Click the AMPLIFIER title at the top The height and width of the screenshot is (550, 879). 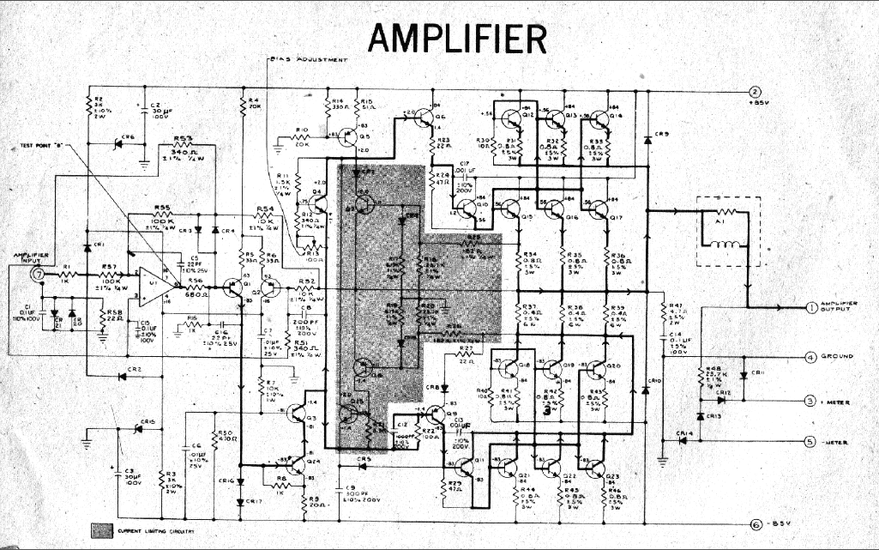[458, 37]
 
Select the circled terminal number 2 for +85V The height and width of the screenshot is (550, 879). [755, 93]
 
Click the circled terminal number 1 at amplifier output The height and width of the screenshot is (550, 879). [811, 307]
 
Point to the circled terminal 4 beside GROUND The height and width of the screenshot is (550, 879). [810, 356]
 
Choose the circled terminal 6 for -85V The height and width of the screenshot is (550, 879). [755, 525]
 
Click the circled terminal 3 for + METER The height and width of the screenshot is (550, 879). [810, 401]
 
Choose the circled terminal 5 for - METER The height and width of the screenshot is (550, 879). [810, 442]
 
